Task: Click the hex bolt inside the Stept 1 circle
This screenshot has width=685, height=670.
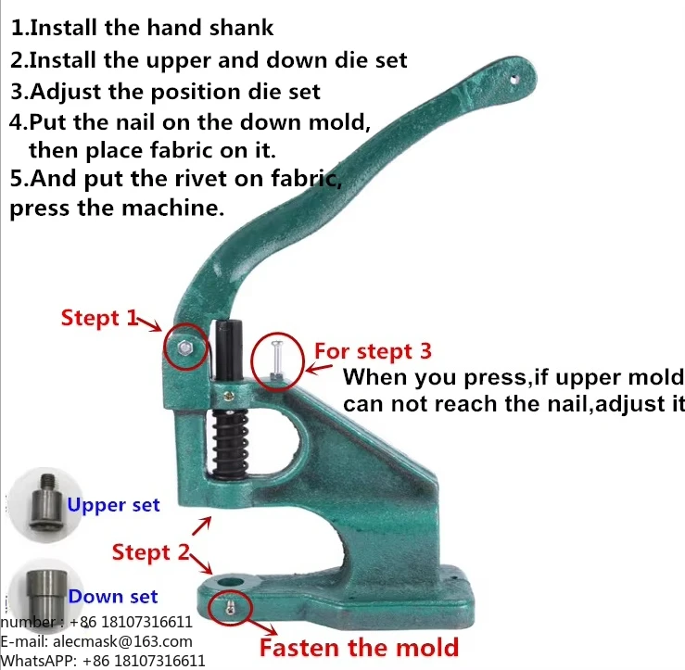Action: click(x=185, y=348)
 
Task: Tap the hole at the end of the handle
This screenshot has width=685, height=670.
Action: click(x=514, y=79)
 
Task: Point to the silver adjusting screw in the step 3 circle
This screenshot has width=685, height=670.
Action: click(x=277, y=360)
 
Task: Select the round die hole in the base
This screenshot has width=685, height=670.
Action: click(x=230, y=583)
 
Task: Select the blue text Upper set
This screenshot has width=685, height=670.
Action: click(x=113, y=505)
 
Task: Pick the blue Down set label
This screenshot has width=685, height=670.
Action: click(x=113, y=597)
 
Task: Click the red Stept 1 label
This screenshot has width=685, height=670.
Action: click(x=99, y=318)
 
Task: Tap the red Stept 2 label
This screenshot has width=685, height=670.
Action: click(x=151, y=552)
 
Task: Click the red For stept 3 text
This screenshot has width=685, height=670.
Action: click(x=373, y=351)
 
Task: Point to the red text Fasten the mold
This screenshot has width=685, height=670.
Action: click(x=359, y=647)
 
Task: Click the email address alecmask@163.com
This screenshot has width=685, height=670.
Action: click(x=122, y=641)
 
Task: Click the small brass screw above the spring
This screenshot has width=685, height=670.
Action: click(x=228, y=397)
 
